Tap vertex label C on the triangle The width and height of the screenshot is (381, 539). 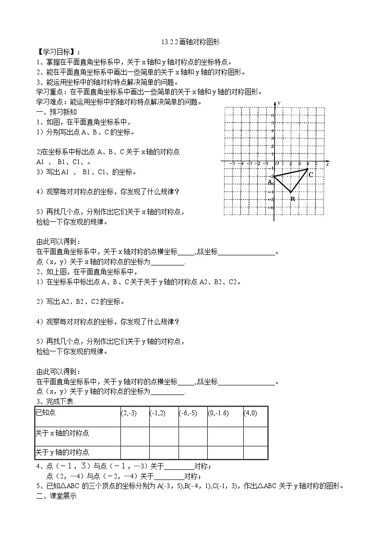coord(311,175)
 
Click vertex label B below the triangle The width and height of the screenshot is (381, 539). coord(292,199)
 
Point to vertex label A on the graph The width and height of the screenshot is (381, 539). coord(270,182)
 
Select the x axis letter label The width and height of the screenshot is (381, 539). coord(327,164)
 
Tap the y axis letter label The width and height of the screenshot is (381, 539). coord(279,103)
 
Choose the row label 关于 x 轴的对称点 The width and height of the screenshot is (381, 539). coord(62,433)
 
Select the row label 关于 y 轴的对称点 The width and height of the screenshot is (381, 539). coord(62,452)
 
